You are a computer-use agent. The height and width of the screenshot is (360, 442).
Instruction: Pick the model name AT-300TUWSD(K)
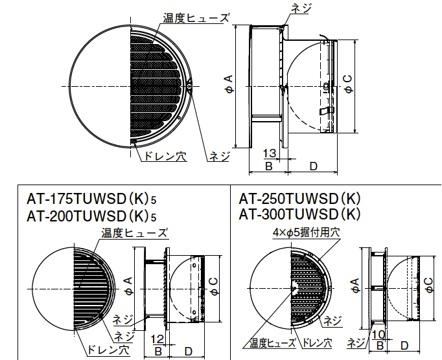click(300, 214)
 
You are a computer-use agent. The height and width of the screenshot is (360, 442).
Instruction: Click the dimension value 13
click(271, 153)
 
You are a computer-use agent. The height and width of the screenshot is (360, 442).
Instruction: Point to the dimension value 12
click(158, 339)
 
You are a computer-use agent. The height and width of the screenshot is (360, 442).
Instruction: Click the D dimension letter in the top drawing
click(312, 166)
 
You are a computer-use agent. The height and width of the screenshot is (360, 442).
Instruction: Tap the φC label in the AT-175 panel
click(213, 284)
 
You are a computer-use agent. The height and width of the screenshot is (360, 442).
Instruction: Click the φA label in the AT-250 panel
click(354, 284)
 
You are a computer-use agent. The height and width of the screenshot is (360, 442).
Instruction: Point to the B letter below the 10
click(380, 345)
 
